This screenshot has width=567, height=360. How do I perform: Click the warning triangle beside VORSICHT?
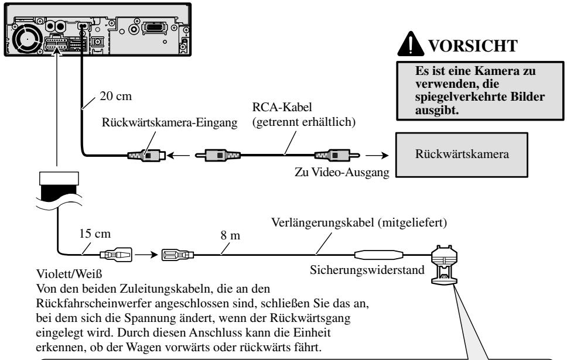[x=411, y=44]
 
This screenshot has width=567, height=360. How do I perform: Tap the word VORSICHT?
[x=473, y=46]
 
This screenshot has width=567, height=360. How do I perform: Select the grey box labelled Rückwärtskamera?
[x=462, y=155]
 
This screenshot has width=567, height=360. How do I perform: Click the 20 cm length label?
[x=116, y=96]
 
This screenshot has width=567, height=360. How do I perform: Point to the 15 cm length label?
[x=95, y=234]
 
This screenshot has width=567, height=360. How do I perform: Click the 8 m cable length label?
[x=230, y=235]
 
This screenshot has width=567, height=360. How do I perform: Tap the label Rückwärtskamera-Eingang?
[x=170, y=122]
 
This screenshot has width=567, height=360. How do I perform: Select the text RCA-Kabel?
[x=282, y=107]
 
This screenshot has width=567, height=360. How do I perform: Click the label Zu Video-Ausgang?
[x=341, y=172]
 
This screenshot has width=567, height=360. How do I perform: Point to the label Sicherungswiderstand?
[x=367, y=270]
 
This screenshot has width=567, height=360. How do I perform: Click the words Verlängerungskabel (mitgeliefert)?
[x=359, y=222]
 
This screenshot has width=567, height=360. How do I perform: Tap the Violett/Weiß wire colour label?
[x=69, y=273]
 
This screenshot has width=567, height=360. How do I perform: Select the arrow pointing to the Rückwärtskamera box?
[x=377, y=156]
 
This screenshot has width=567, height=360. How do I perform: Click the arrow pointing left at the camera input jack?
[x=178, y=156]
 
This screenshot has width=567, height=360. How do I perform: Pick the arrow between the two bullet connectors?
[x=147, y=255]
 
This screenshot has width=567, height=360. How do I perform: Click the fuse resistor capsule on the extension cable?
[x=378, y=255]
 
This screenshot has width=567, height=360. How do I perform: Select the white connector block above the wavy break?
[x=59, y=179]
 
